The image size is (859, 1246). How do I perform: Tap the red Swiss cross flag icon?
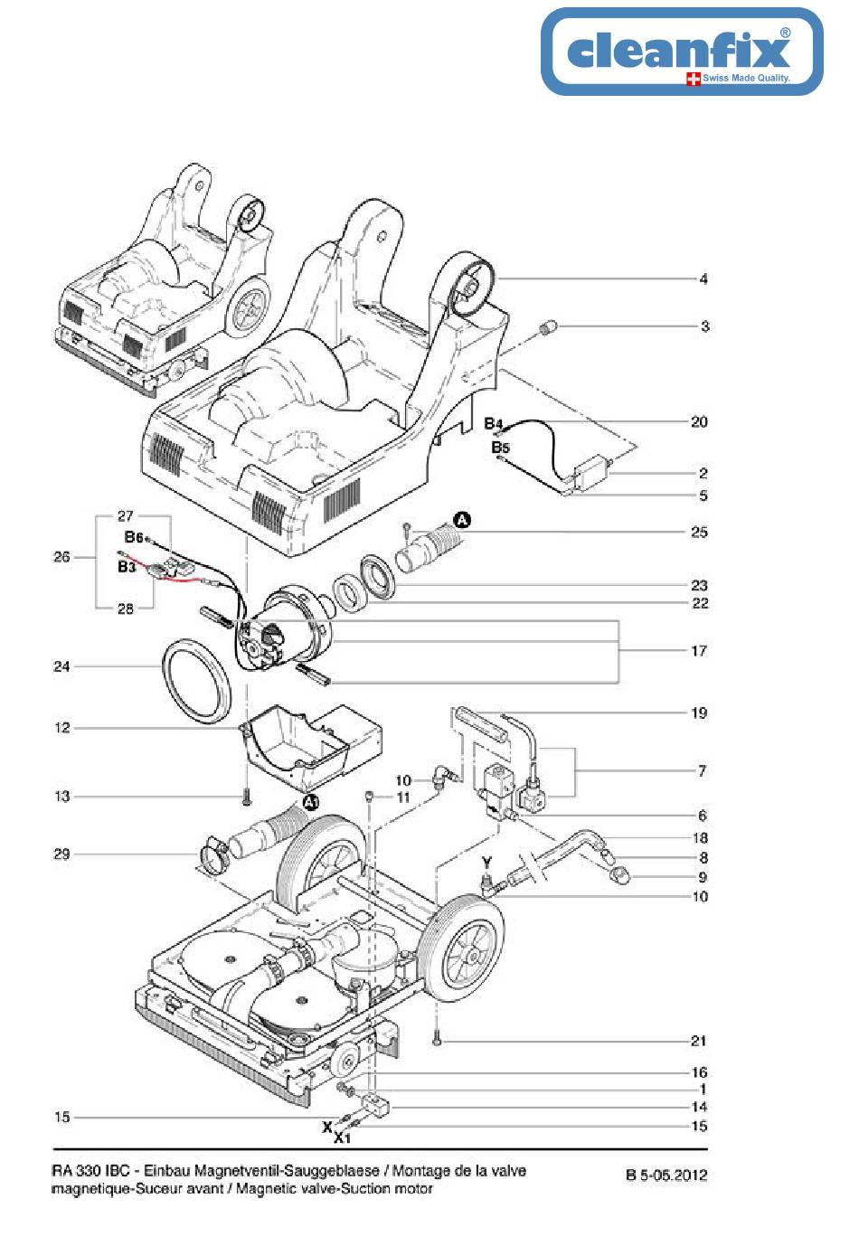click(694, 79)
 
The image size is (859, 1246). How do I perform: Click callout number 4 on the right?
click(703, 278)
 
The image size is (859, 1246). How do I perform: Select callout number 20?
click(699, 421)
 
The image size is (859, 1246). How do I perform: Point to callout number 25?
click(699, 532)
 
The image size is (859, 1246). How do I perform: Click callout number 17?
click(699, 650)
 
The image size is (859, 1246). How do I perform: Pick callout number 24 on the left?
click(61, 665)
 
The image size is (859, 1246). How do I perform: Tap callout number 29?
click(61, 854)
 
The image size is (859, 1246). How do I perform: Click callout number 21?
click(699, 1040)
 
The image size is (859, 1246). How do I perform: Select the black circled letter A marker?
click(462, 520)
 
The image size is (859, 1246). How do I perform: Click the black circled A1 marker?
click(311, 802)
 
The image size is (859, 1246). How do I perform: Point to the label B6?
click(134, 537)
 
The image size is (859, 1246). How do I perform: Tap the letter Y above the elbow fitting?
click(487, 863)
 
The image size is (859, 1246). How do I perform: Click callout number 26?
click(61, 557)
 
